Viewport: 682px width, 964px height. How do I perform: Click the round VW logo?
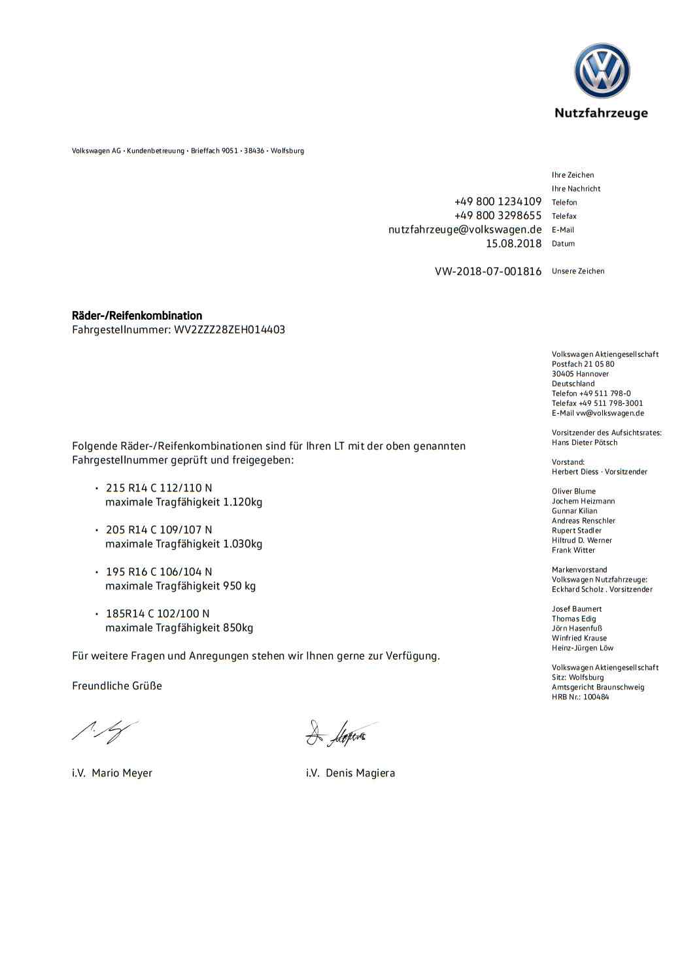tap(602, 71)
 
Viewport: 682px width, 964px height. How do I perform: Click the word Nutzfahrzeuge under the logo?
tap(601, 113)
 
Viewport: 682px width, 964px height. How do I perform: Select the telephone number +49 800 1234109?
tap(498, 201)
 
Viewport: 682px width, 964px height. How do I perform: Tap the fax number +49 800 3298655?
tap(498, 216)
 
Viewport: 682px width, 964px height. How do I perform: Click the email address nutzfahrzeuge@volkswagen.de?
tap(465, 229)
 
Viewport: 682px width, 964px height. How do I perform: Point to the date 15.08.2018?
tap(513, 244)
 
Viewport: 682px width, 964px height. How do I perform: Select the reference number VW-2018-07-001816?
tap(488, 271)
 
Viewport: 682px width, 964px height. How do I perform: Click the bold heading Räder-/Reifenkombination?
tap(137, 316)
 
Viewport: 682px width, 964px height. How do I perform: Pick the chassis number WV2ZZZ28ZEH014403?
tap(229, 329)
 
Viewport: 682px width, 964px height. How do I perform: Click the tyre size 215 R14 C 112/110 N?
tap(159, 488)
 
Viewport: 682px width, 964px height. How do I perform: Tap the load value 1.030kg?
tap(243, 544)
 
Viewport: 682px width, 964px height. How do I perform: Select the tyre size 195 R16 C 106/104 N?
tap(159, 572)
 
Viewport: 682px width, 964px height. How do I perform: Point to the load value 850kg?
tap(238, 627)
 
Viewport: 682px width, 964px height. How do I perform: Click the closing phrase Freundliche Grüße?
tap(117, 686)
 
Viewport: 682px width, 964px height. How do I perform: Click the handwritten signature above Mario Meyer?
tap(105, 731)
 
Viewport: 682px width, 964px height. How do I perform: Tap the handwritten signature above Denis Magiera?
tap(340, 733)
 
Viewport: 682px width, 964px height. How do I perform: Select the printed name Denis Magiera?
tap(360, 773)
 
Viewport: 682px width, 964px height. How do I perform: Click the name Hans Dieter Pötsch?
tap(585, 442)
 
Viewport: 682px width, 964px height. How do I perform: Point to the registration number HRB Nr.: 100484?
tap(580, 697)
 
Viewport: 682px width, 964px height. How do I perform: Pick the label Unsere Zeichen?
tap(578, 271)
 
